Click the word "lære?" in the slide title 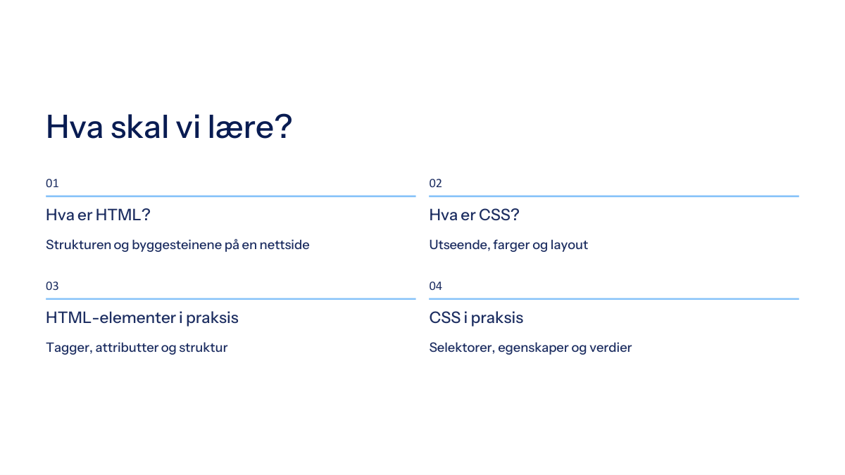click(x=250, y=126)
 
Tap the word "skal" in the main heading click(x=139, y=126)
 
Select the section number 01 click(x=52, y=183)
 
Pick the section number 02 click(x=435, y=183)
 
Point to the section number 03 click(x=52, y=286)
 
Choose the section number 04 click(x=435, y=286)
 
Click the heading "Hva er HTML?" click(x=98, y=215)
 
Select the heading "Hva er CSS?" click(x=474, y=215)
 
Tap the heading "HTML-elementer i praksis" click(x=142, y=318)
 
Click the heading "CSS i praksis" click(x=476, y=318)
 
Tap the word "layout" click(x=569, y=246)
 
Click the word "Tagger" click(x=69, y=348)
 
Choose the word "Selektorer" click(x=462, y=348)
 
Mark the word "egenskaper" click(x=533, y=348)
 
